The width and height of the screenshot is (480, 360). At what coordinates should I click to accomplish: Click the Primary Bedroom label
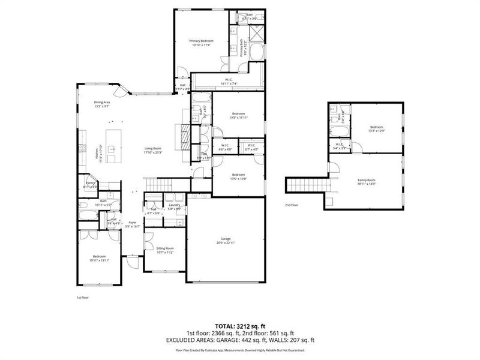[x=201, y=41]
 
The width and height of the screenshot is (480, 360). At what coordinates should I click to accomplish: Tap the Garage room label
[x=225, y=239]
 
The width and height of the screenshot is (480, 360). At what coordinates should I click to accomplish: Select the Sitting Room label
[x=165, y=248]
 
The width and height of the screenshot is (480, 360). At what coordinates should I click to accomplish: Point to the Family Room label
[x=367, y=180]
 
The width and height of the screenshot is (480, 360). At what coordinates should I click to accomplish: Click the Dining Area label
[x=101, y=102]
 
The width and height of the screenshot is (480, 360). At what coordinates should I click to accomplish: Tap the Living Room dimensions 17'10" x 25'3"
[x=153, y=153]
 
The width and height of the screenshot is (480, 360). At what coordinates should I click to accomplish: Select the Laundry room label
[x=175, y=205]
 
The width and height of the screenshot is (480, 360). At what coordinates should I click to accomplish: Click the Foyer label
[x=132, y=222]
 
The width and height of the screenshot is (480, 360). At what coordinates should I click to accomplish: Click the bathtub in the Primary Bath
[x=257, y=54]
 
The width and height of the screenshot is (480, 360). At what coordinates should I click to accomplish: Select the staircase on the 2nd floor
[x=307, y=185]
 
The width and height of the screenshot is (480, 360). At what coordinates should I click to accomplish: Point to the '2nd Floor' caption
[x=292, y=205]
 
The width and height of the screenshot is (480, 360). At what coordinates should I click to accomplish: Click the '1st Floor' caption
[x=82, y=297]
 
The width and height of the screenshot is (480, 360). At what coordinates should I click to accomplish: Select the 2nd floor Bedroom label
[x=376, y=127]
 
